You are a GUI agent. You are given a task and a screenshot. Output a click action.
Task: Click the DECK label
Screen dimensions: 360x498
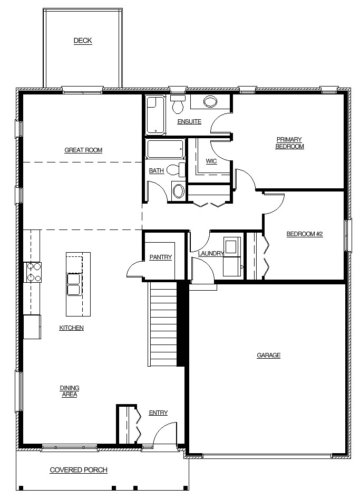coord(83,41)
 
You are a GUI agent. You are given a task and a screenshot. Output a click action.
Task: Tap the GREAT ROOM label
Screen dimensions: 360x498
coord(83,150)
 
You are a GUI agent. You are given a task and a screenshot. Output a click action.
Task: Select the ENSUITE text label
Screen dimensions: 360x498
coord(189,122)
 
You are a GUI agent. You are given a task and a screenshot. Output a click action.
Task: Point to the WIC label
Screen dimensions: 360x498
coord(211,161)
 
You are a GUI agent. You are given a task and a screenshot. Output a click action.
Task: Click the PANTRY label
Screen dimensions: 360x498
coord(161,257)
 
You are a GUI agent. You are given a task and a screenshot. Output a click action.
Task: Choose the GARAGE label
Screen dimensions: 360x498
coord(269,356)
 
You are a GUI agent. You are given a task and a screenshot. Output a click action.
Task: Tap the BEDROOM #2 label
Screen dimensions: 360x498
coord(305,234)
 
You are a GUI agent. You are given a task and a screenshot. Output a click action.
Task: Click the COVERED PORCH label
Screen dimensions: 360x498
coord(79,470)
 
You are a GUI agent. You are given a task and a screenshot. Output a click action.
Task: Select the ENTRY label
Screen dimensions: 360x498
coord(159,413)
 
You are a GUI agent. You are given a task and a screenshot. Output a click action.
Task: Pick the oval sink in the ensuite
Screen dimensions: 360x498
coord(210,102)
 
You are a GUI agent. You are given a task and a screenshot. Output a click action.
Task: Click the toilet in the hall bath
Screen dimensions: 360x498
coord(176,169)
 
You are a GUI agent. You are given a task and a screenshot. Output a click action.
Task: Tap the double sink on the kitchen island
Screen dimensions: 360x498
coord(74,284)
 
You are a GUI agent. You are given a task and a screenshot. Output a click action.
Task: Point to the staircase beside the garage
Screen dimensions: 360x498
coord(163,324)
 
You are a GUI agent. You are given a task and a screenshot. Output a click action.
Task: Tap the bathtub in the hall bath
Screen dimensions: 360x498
coord(166,149)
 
